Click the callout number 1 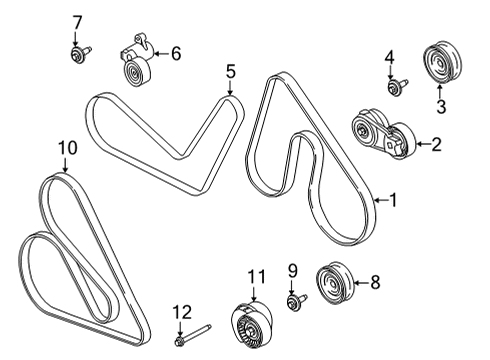(393, 200)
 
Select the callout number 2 (436, 145)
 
